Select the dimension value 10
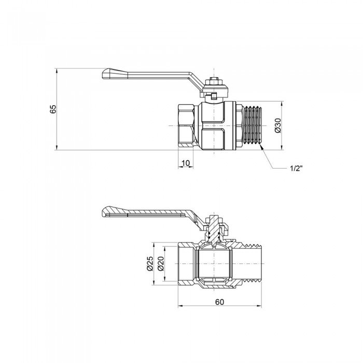click(186, 164)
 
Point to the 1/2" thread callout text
click(296, 169)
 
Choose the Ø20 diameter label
click(161, 264)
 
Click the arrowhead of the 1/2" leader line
click(263, 148)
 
